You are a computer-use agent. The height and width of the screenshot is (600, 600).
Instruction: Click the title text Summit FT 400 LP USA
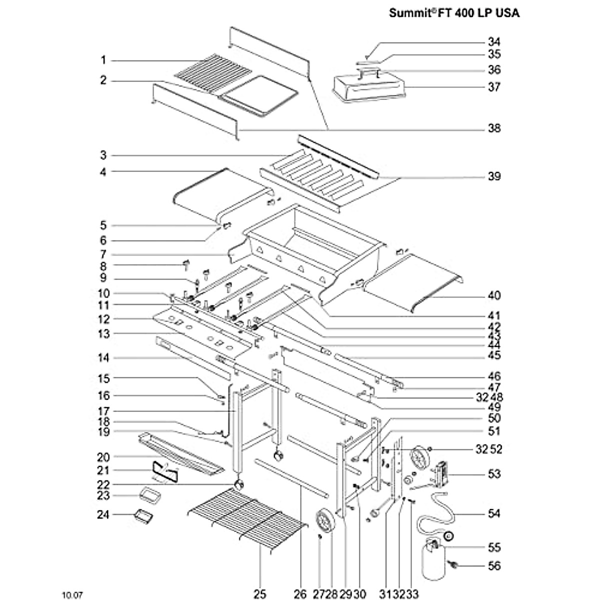[x=454, y=13]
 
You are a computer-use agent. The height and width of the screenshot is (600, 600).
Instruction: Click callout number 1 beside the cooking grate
[x=103, y=60]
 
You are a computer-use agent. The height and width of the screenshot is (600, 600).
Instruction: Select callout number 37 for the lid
[x=494, y=87]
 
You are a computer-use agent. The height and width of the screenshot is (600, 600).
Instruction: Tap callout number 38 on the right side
[x=494, y=128]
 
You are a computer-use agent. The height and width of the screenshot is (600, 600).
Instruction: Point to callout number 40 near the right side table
[x=494, y=295]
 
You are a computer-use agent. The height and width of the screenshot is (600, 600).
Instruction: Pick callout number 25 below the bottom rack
[x=260, y=594]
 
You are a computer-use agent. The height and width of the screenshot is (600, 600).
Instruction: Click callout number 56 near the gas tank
[x=494, y=566]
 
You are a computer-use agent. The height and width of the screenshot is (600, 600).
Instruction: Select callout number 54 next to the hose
[x=494, y=513]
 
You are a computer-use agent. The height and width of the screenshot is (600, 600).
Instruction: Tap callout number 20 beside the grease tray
[x=103, y=457]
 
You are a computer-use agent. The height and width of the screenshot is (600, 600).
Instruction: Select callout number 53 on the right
[x=494, y=473]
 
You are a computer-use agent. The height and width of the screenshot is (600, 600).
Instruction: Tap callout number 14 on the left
[x=103, y=358]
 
